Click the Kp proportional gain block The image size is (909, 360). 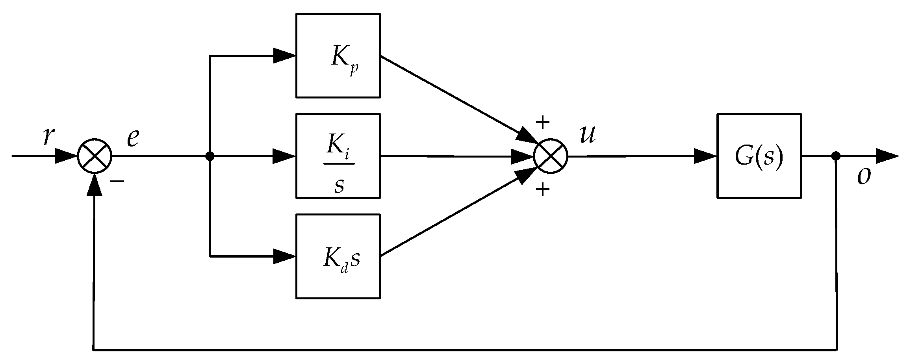338,56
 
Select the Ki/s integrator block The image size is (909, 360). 338,156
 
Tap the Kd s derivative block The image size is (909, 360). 338,256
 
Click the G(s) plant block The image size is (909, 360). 759,156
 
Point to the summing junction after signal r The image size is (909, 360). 95,156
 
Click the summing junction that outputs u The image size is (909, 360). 551,156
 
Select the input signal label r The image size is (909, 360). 48,137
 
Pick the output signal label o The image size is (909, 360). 863,177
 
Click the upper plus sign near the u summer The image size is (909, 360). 543,122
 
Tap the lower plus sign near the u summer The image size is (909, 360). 543,190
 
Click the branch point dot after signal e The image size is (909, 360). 210,156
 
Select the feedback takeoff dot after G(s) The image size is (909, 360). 836,156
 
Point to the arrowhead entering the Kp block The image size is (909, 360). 284,56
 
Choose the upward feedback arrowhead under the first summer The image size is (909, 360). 95,185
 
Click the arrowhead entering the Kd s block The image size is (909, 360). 284,256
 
